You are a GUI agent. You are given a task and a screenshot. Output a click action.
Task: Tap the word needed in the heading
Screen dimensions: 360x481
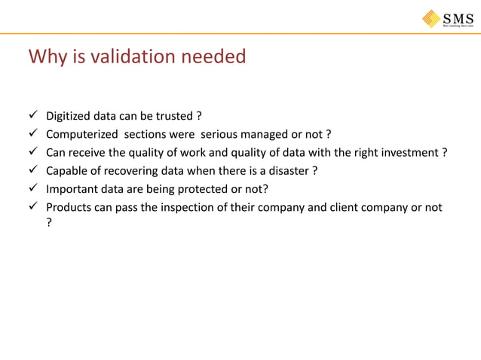pos(217,56)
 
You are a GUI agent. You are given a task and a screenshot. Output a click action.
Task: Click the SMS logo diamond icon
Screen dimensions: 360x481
pos(432,18)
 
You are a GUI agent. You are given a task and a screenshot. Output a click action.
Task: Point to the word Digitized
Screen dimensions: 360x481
pos(71,117)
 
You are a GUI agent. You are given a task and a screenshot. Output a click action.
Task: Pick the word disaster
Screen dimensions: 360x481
pos(286,171)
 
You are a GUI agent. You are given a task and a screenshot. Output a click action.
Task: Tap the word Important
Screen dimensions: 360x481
pos(72,189)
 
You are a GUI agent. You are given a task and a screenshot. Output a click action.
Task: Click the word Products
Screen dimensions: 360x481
pos(70,207)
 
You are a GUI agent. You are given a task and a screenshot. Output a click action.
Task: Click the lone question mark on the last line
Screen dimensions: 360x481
pos(49,223)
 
